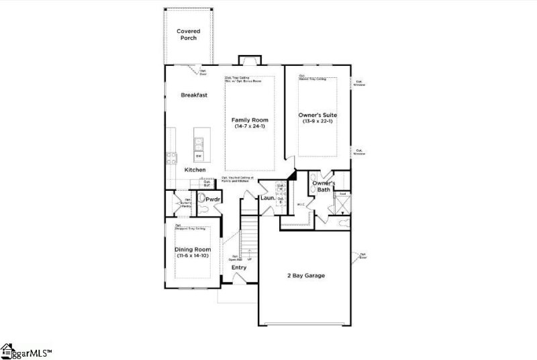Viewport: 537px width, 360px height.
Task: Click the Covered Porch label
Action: [189, 34]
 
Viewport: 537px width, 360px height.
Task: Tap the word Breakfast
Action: [194, 95]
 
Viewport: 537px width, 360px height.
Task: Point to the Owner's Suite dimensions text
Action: [318, 122]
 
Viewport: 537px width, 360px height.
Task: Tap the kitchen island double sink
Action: [199, 142]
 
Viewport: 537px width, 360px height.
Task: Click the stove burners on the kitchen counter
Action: [170, 159]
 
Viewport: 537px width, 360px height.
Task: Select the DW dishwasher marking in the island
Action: [199, 156]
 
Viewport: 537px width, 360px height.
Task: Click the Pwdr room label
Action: [213, 199]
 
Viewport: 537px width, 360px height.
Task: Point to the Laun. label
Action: [267, 198]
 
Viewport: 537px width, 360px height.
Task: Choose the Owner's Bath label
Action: [324, 187]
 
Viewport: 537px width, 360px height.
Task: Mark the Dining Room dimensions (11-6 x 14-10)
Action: [193, 257]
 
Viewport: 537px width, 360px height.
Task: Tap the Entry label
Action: [239, 267]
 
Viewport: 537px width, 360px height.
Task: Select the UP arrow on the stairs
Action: [249, 259]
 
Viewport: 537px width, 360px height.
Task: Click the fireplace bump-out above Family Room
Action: [249, 59]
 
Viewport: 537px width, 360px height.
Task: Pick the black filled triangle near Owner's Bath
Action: [291, 176]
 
